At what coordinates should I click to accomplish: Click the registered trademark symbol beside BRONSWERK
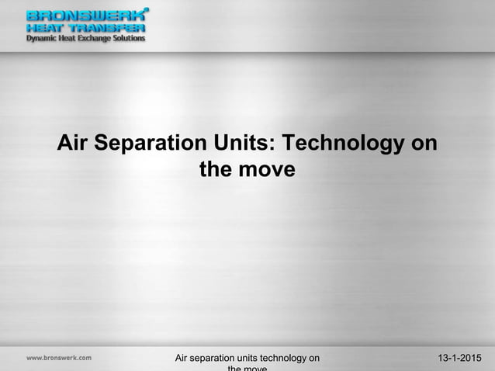(147, 10)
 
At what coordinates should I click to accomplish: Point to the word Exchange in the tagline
(99, 37)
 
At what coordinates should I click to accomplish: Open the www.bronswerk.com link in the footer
(59, 358)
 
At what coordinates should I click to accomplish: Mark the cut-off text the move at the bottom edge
(247, 369)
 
